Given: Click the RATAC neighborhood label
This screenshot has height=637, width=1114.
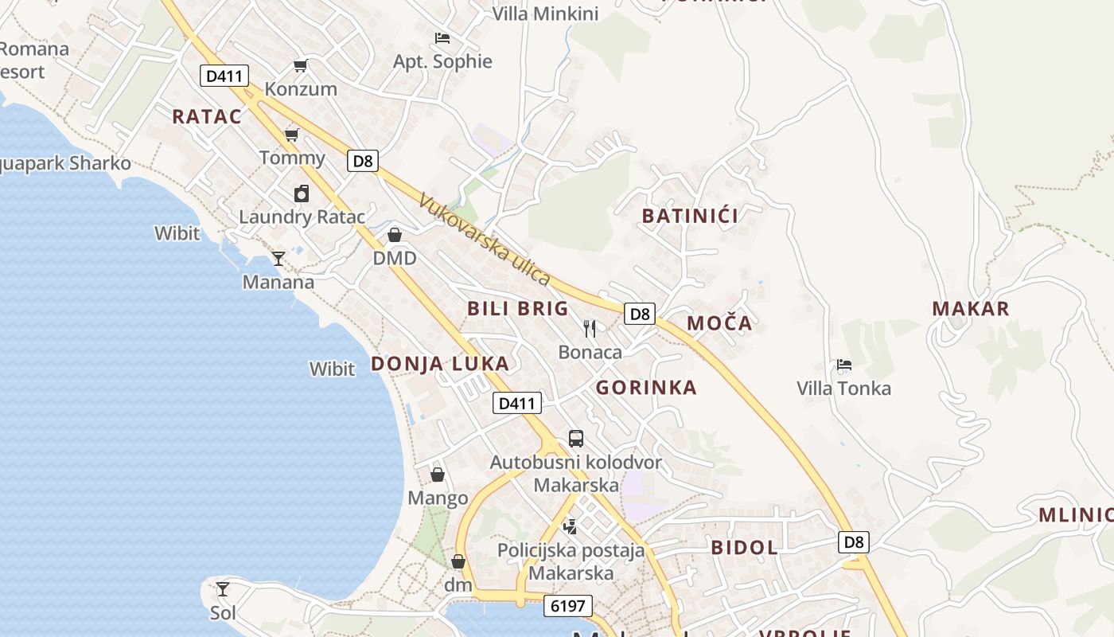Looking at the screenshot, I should click(207, 116).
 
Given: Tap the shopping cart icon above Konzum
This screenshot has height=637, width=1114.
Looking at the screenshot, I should click(300, 65).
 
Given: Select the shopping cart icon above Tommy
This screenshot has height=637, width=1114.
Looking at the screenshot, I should click(292, 134).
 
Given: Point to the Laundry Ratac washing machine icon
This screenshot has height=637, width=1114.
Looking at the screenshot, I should click(302, 193).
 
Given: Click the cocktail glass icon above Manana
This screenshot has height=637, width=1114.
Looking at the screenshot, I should click(278, 258).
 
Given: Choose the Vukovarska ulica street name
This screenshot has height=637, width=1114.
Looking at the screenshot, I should click(484, 240).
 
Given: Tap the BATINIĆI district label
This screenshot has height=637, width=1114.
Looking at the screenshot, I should click(690, 216).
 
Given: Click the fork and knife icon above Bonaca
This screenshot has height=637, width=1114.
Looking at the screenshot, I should click(590, 328).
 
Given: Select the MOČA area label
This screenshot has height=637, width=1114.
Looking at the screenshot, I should click(719, 322).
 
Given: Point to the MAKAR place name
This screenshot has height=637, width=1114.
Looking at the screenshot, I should click(971, 309).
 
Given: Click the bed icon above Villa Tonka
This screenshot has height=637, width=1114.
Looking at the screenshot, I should click(844, 365).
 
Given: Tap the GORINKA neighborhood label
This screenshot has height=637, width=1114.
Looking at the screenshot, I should click(646, 388).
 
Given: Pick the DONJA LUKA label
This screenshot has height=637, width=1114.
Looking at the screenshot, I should click(440, 364).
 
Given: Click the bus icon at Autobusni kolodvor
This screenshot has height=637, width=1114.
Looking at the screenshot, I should click(576, 438).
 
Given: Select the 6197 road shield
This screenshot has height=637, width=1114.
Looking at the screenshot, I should click(568, 606).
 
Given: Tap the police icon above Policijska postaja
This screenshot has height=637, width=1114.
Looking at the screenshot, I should click(571, 526).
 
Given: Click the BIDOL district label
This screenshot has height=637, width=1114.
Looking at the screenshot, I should click(744, 547).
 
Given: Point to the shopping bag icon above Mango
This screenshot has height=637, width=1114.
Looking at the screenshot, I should click(438, 475).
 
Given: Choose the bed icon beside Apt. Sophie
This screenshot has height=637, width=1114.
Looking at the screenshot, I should click(442, 37).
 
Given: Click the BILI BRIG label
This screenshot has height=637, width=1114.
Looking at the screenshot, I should click(518, 308).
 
